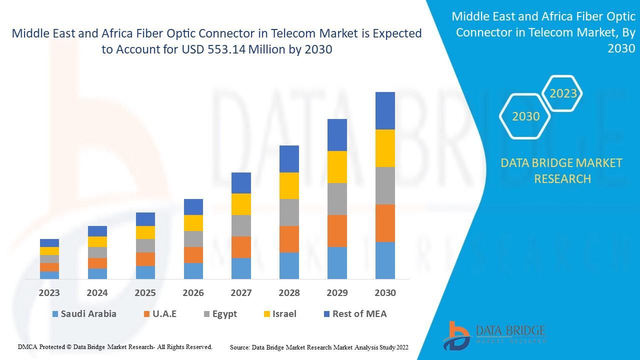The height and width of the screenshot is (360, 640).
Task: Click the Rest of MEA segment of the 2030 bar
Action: pyautogui.click(x=385, y=110)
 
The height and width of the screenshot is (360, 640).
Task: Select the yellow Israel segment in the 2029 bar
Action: pyautogui.click(x=337, y=166)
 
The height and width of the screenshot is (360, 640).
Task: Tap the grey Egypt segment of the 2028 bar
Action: pyautogui.click(x=289, y=212)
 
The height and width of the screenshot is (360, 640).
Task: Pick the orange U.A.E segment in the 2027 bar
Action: pyautogui.click(x=241, y=247)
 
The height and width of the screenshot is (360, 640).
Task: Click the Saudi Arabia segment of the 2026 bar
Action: pyautogui.click(x=193, y=270)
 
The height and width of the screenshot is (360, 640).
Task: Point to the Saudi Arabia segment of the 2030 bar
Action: pyautogui.click(x=385, y=260)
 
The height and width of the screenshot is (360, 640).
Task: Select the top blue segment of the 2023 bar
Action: pyautogui.click(x=49, y=243)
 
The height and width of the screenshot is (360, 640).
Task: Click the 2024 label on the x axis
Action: pyautogui.click(x=97, y=293)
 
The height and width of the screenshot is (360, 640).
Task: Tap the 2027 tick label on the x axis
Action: pyautogui.click(x=241, y=293)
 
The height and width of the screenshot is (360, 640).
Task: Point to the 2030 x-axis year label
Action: pyautogui.click(x=385, y=293)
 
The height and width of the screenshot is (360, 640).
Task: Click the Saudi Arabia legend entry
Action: pyautogui.click(x=83, y=314)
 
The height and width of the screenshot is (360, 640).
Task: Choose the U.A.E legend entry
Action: pyautogui.click(x=159, y=314)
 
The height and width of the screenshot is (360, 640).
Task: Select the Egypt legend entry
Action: pyautogui.click(x=220, y=314)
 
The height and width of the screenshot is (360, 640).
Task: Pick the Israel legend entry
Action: pyautogui.click(x=279, y=314)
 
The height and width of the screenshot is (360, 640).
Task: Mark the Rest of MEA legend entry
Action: pyautogui.click(x=355, y=314)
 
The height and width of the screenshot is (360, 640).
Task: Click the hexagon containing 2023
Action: pyautogui.click(x=563, y=93)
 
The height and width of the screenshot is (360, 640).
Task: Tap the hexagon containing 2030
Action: pyautogui.click(x=525, y=116)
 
